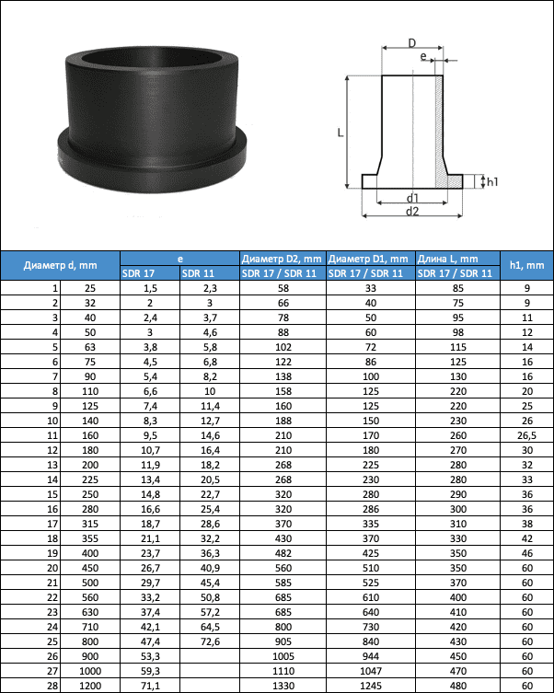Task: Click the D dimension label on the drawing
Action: click(x=411, y=43)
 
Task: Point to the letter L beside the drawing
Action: click(x=340, y=133)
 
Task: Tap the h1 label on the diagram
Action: click(x=492, y=181)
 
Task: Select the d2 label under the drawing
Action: click(x=412, y=212)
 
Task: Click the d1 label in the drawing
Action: click(x=412, y=198)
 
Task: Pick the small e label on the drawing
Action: click(x=423, y=56)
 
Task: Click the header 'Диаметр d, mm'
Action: click(x=60, y=265)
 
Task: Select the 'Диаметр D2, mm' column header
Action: click(x=282, y=259)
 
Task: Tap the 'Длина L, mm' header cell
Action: click(x=448, y=259)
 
